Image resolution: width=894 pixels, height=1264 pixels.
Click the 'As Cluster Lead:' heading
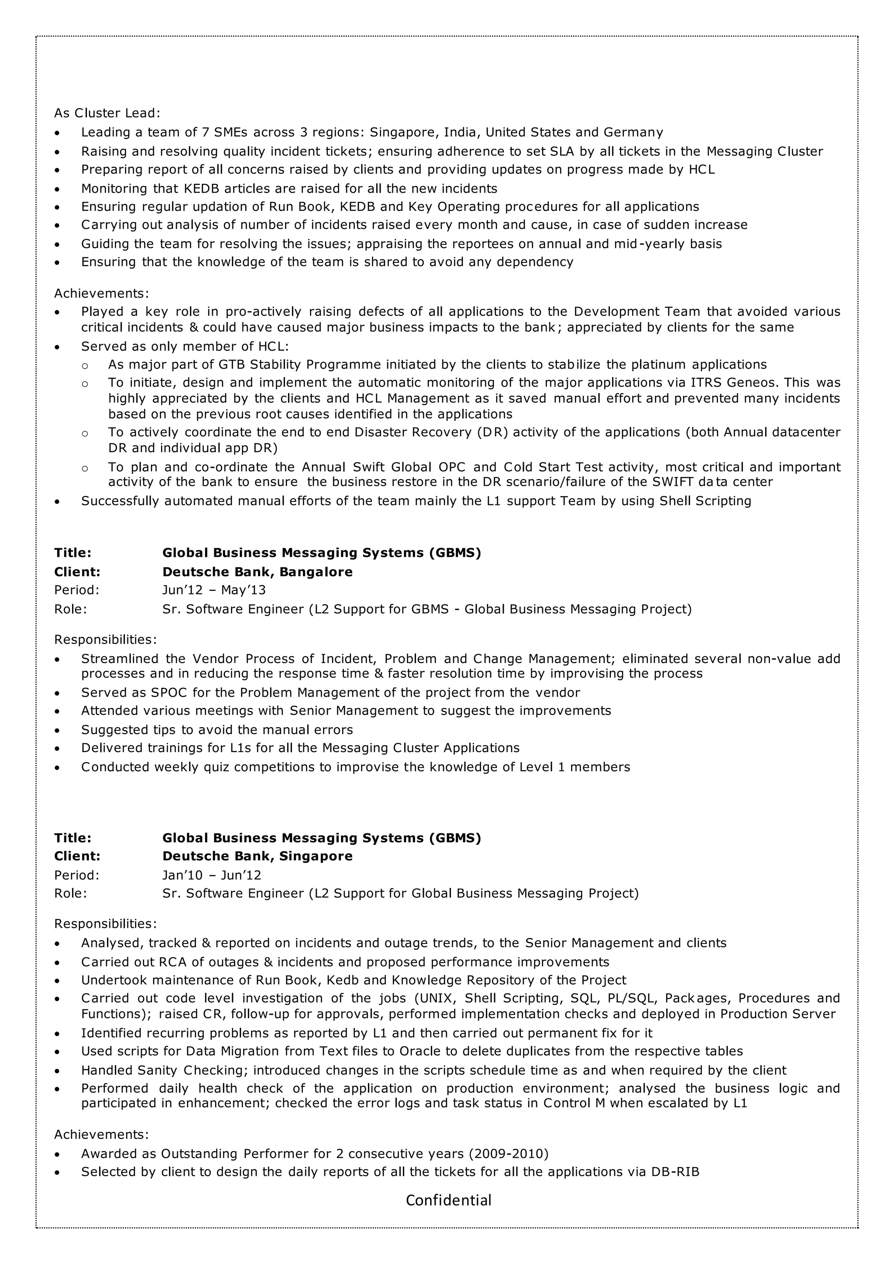pos(107,114)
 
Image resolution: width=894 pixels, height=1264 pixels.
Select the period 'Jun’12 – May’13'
pos(213,591)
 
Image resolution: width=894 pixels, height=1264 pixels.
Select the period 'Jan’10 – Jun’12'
pos(211,875)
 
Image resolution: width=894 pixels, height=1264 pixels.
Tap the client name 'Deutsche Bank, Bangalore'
pos(257,572)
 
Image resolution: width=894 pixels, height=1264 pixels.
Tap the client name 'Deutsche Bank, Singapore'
pos(257,856)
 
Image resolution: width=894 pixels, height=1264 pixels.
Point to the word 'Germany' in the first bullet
pos(633,133)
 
